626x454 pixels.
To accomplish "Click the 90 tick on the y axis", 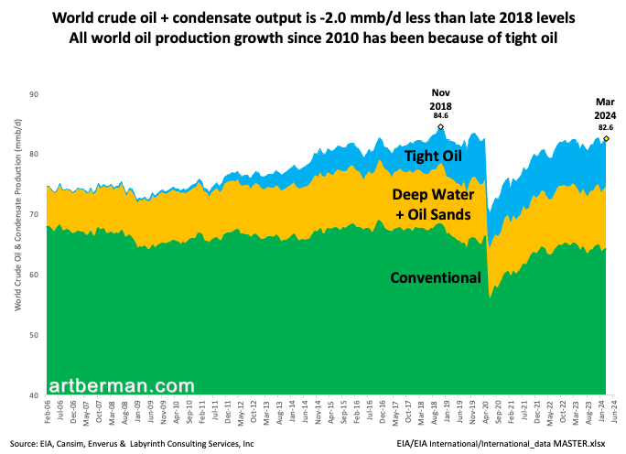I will [33, 94].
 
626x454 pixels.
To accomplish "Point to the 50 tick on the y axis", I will [33, 335].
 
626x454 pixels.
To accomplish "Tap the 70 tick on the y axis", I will [33, 215].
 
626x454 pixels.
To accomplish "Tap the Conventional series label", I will [435, 277].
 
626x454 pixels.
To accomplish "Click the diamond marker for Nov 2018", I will [441, 127].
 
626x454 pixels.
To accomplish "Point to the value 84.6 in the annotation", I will [441, 116].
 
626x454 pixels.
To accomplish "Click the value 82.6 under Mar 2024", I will [605, 127].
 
